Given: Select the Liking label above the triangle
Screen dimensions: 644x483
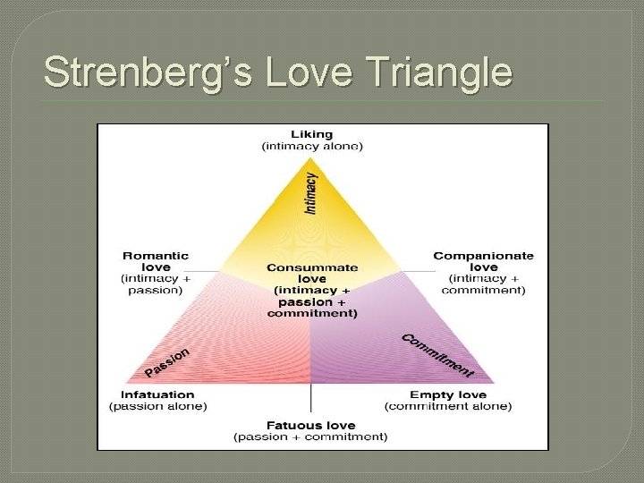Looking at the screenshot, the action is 311,134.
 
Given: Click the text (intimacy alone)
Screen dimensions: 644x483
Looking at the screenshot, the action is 311,146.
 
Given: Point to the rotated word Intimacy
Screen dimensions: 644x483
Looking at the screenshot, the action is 310,193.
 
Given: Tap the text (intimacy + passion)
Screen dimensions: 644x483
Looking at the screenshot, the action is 155,284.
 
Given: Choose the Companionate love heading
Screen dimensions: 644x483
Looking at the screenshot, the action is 483,261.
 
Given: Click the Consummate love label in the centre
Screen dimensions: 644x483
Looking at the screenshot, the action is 311,273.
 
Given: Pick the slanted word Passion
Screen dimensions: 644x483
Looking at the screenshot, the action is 167,361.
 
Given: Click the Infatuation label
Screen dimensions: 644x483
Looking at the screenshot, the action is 157,394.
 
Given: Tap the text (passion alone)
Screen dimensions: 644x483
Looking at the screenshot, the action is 157,406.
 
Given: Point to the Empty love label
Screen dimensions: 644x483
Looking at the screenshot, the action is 448,394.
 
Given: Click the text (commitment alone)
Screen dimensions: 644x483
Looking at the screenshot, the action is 448,406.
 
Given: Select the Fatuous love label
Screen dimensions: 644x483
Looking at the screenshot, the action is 310,425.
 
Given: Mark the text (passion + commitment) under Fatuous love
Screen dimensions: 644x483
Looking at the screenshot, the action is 310,436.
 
